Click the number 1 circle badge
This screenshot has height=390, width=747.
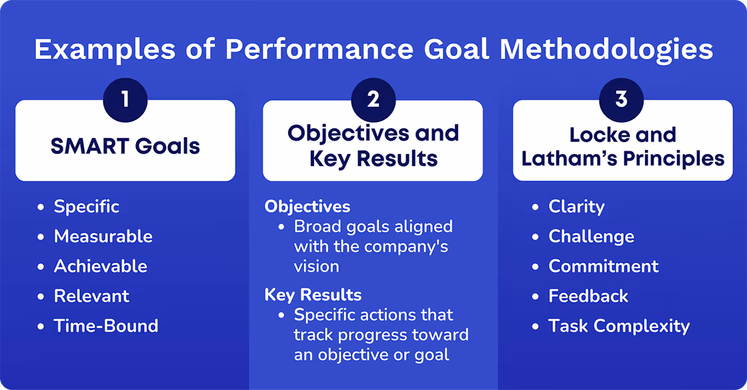point(125,100)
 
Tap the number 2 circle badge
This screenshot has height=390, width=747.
point(373,100)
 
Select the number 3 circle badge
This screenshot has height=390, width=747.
point(622,100)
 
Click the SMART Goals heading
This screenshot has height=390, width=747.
point(125,146)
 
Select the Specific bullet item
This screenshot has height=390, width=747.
point(87,207)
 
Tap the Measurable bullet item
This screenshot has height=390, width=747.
point(103,237)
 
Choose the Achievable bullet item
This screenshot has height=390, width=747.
point(100,267)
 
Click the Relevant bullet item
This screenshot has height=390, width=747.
point(91,296)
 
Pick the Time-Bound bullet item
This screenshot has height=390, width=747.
point(106,326)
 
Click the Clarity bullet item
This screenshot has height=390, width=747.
point(576,207)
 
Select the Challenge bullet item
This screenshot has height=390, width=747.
point(591,237)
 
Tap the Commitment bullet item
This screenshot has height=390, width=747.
point(604,267)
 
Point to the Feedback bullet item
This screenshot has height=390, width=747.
point(588,296)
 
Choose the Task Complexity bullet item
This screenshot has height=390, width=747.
point(619,326)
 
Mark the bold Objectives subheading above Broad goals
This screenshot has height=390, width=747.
point(307,207)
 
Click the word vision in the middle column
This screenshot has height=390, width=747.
point(316,267)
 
